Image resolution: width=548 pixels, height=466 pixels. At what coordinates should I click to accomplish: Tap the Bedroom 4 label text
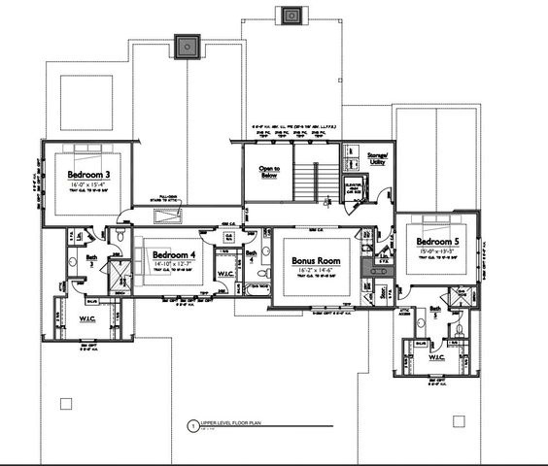(172, 253)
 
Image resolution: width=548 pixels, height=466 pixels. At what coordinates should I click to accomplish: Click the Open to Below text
(269, 173)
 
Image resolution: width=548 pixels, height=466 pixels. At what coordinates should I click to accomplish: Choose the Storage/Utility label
(377, 158)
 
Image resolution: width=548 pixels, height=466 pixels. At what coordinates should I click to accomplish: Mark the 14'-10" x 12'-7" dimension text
(172, 263)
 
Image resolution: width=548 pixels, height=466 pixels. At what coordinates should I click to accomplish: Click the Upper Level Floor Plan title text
(233, 424)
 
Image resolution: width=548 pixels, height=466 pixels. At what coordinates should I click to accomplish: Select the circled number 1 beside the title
(191, 425)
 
